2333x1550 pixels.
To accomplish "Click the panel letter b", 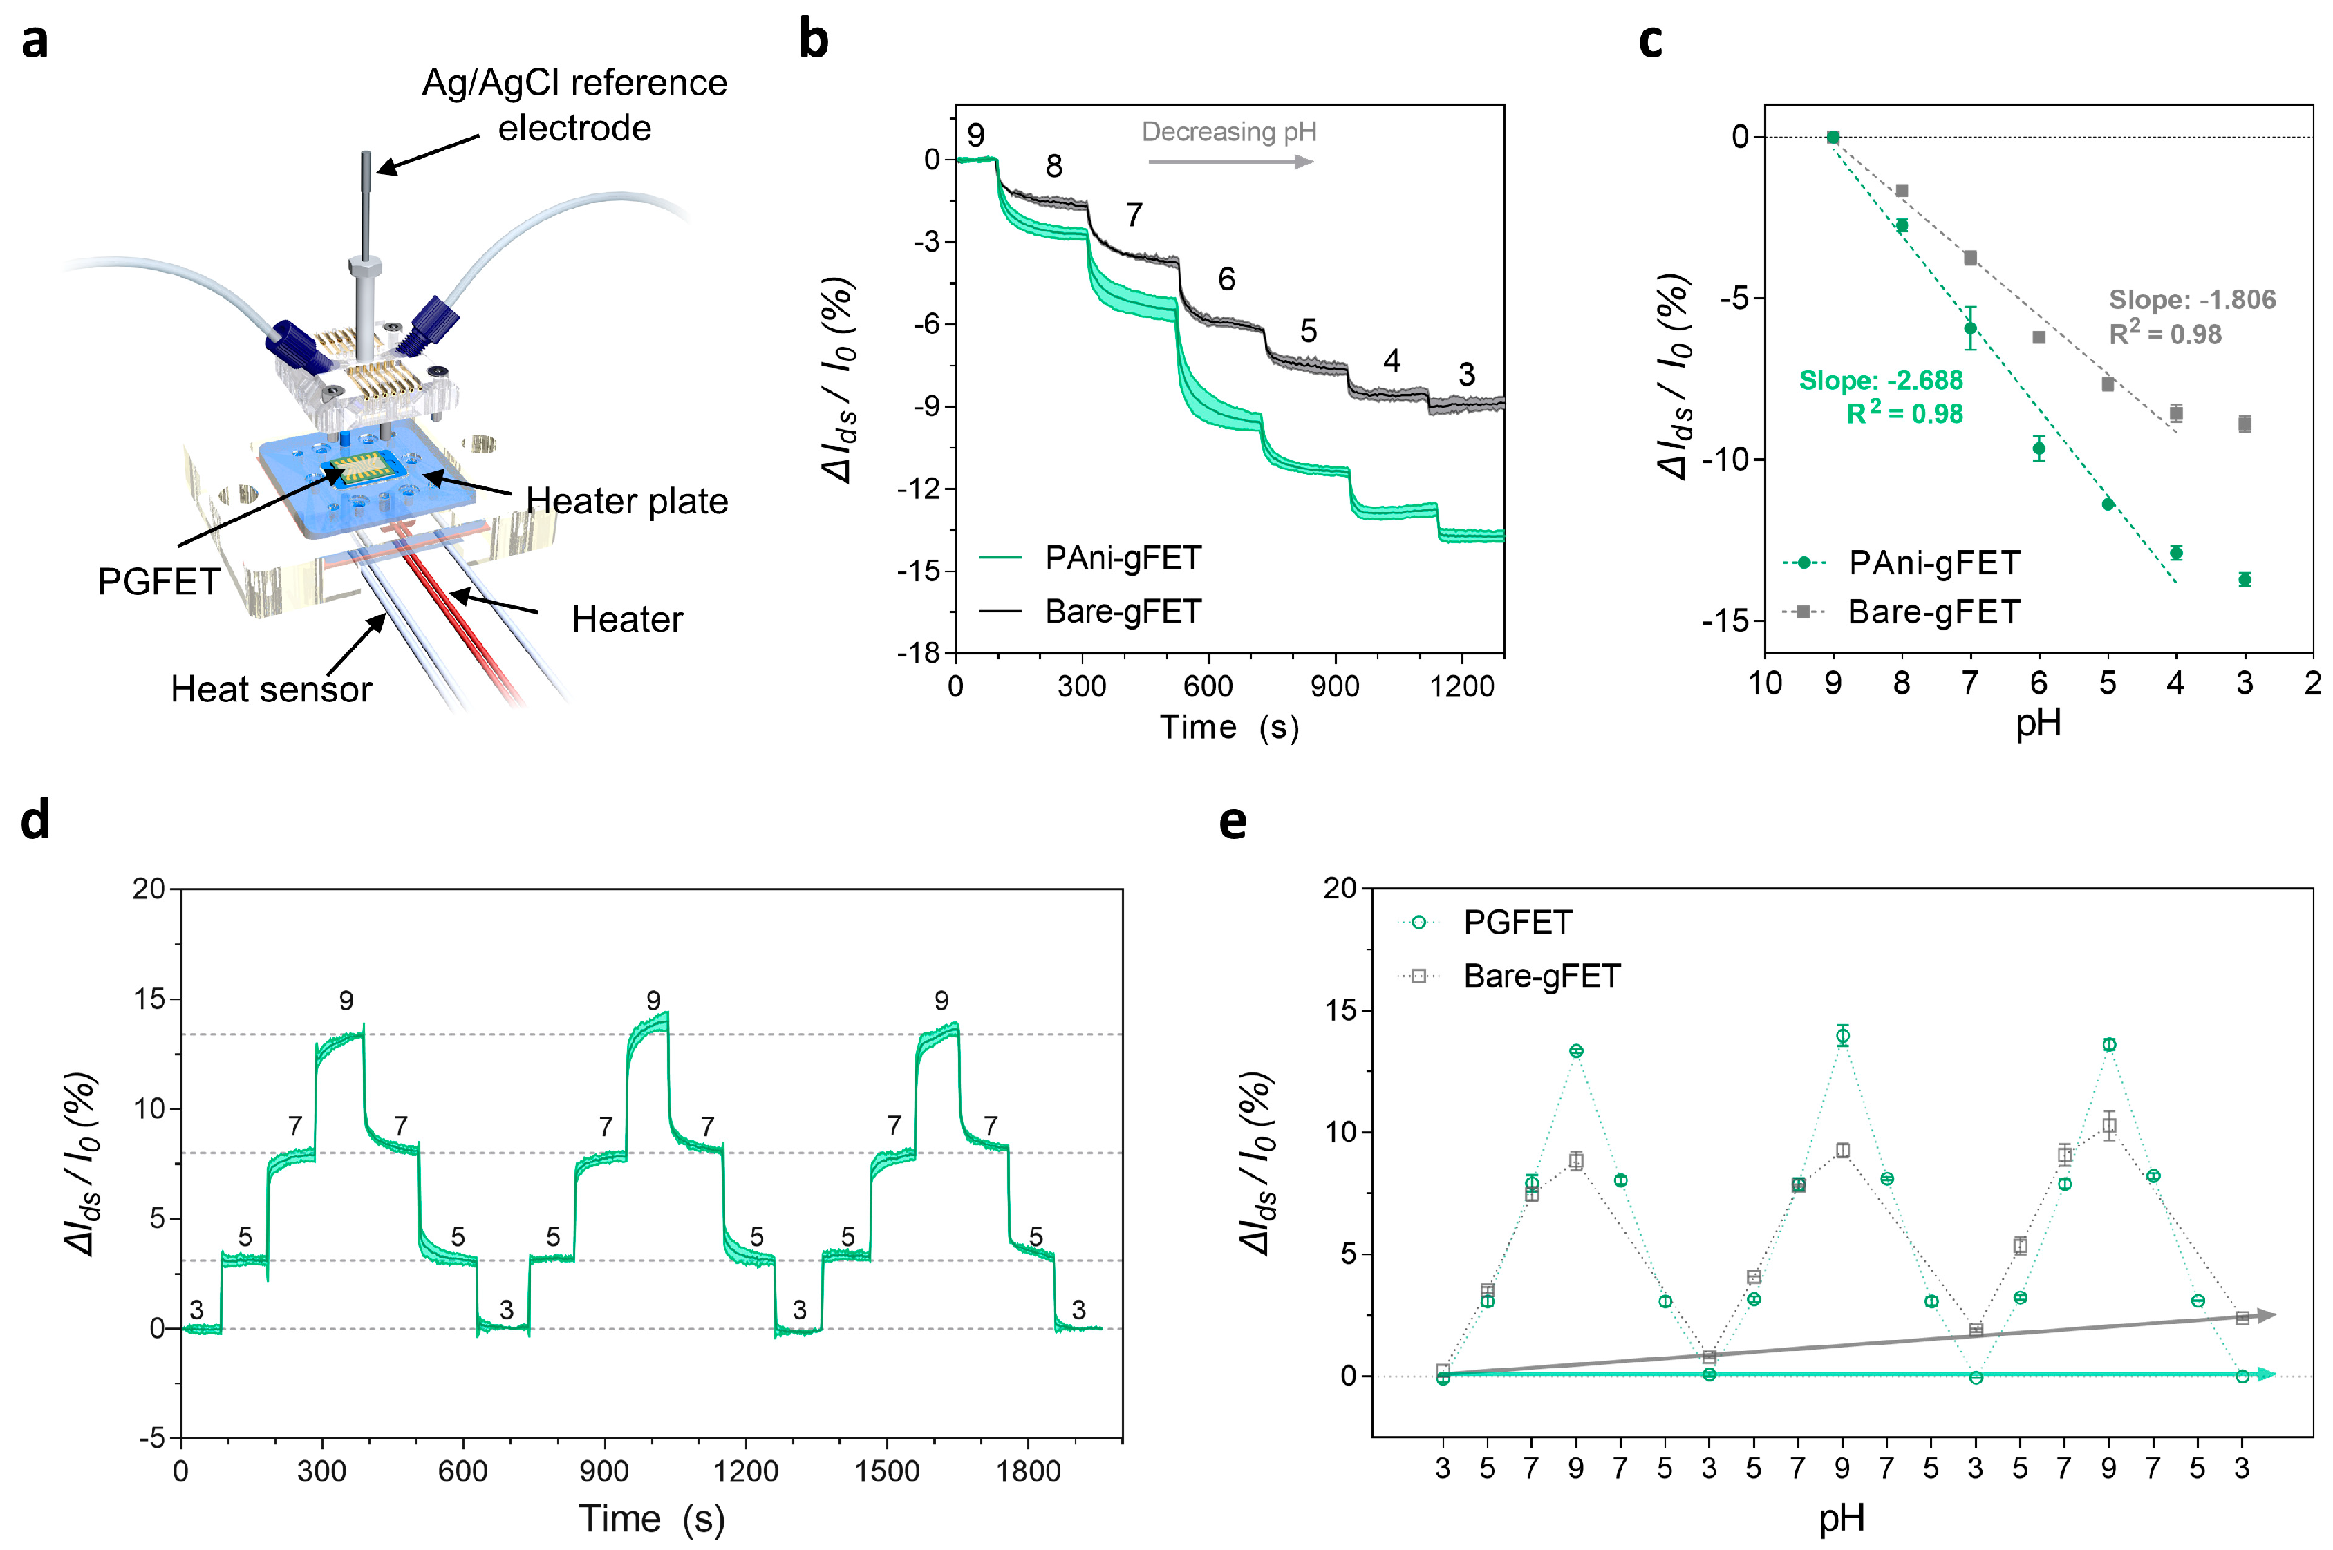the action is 814,41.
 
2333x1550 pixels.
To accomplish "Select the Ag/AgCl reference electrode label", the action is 574,105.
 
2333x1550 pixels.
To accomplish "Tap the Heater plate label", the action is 627,501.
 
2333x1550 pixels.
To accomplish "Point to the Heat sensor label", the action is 271,689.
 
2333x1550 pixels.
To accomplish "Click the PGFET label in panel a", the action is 158,581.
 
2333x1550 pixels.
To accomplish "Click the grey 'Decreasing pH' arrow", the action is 1230,161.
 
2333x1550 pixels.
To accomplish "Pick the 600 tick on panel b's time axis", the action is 1208,686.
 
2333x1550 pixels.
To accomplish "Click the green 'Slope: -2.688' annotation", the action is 1880,381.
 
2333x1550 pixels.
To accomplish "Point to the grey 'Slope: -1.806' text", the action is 2191,299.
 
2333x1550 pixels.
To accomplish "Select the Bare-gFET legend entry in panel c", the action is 1901,612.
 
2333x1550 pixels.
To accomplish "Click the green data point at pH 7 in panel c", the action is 1970,328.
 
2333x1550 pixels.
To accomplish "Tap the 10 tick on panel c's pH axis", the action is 1765,683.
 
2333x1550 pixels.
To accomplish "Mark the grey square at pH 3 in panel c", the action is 2245,424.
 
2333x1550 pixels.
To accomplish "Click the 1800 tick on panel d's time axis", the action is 1028,1471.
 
